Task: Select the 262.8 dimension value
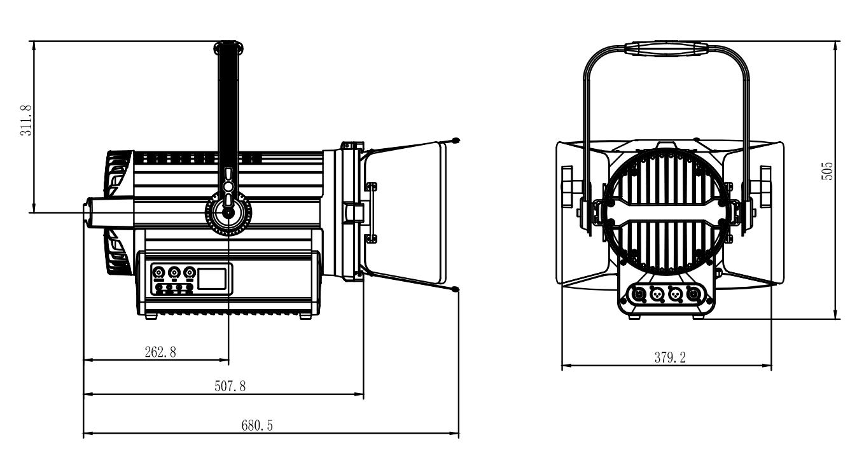[156, 353]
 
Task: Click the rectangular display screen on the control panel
[213, 278]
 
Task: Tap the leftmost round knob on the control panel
[158, 273]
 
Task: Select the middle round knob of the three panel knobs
[174, 273]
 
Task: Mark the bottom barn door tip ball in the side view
[456, 291]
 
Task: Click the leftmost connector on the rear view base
[635, 294]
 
